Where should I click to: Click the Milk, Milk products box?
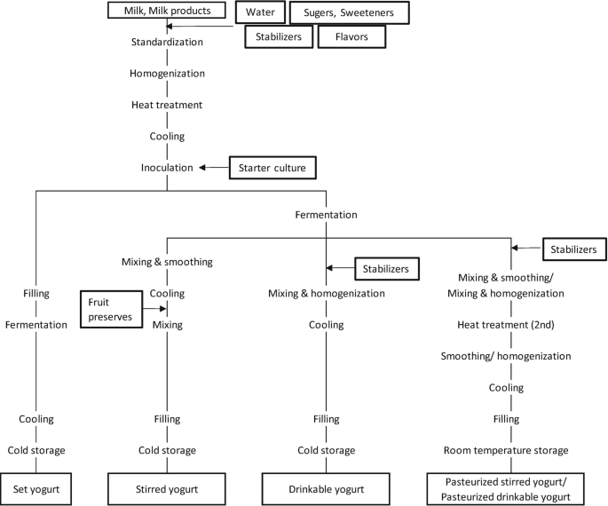(x=167, y=11)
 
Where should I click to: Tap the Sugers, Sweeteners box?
(x=348, y=12)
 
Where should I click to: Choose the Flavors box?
(x=352, y=37)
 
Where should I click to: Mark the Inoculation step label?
(x=167, y=168)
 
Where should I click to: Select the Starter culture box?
(x=272, y=167)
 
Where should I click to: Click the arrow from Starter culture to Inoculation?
(x=213, y=167)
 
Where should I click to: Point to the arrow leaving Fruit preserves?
(x=155, y=308)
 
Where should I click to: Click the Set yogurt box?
(x=36, y=488)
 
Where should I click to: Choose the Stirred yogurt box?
(x=167, y=488)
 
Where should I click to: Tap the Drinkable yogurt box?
(x=326, y=488)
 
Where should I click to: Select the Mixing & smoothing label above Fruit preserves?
(x=167, y=262)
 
